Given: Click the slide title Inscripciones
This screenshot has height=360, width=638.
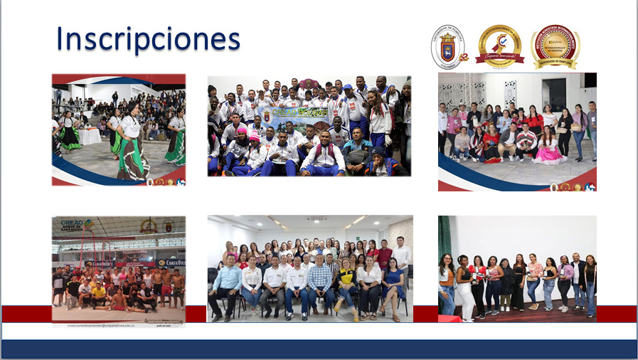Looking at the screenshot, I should pyautogui.click(x=148, y=40).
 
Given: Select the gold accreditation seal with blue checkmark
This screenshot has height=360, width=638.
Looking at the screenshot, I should pyautogui.click(x=499, y=46).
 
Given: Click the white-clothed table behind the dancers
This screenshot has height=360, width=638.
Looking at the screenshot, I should pyautogui.click(x=90, y=136).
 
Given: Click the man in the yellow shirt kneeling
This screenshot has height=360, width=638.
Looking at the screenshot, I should pyautogui.click(x=99, y=292).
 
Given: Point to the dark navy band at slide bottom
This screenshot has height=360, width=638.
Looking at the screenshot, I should pyautogui.click(x=319, y=348).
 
